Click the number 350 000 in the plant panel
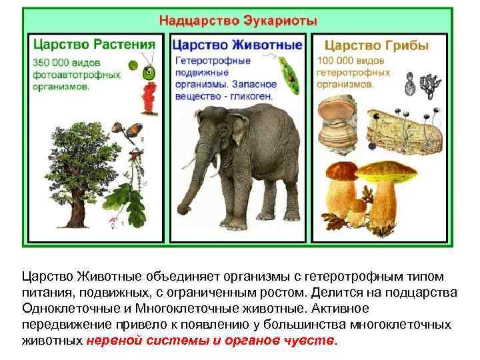tap(53, 61)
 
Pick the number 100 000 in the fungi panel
tap(341, 61)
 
